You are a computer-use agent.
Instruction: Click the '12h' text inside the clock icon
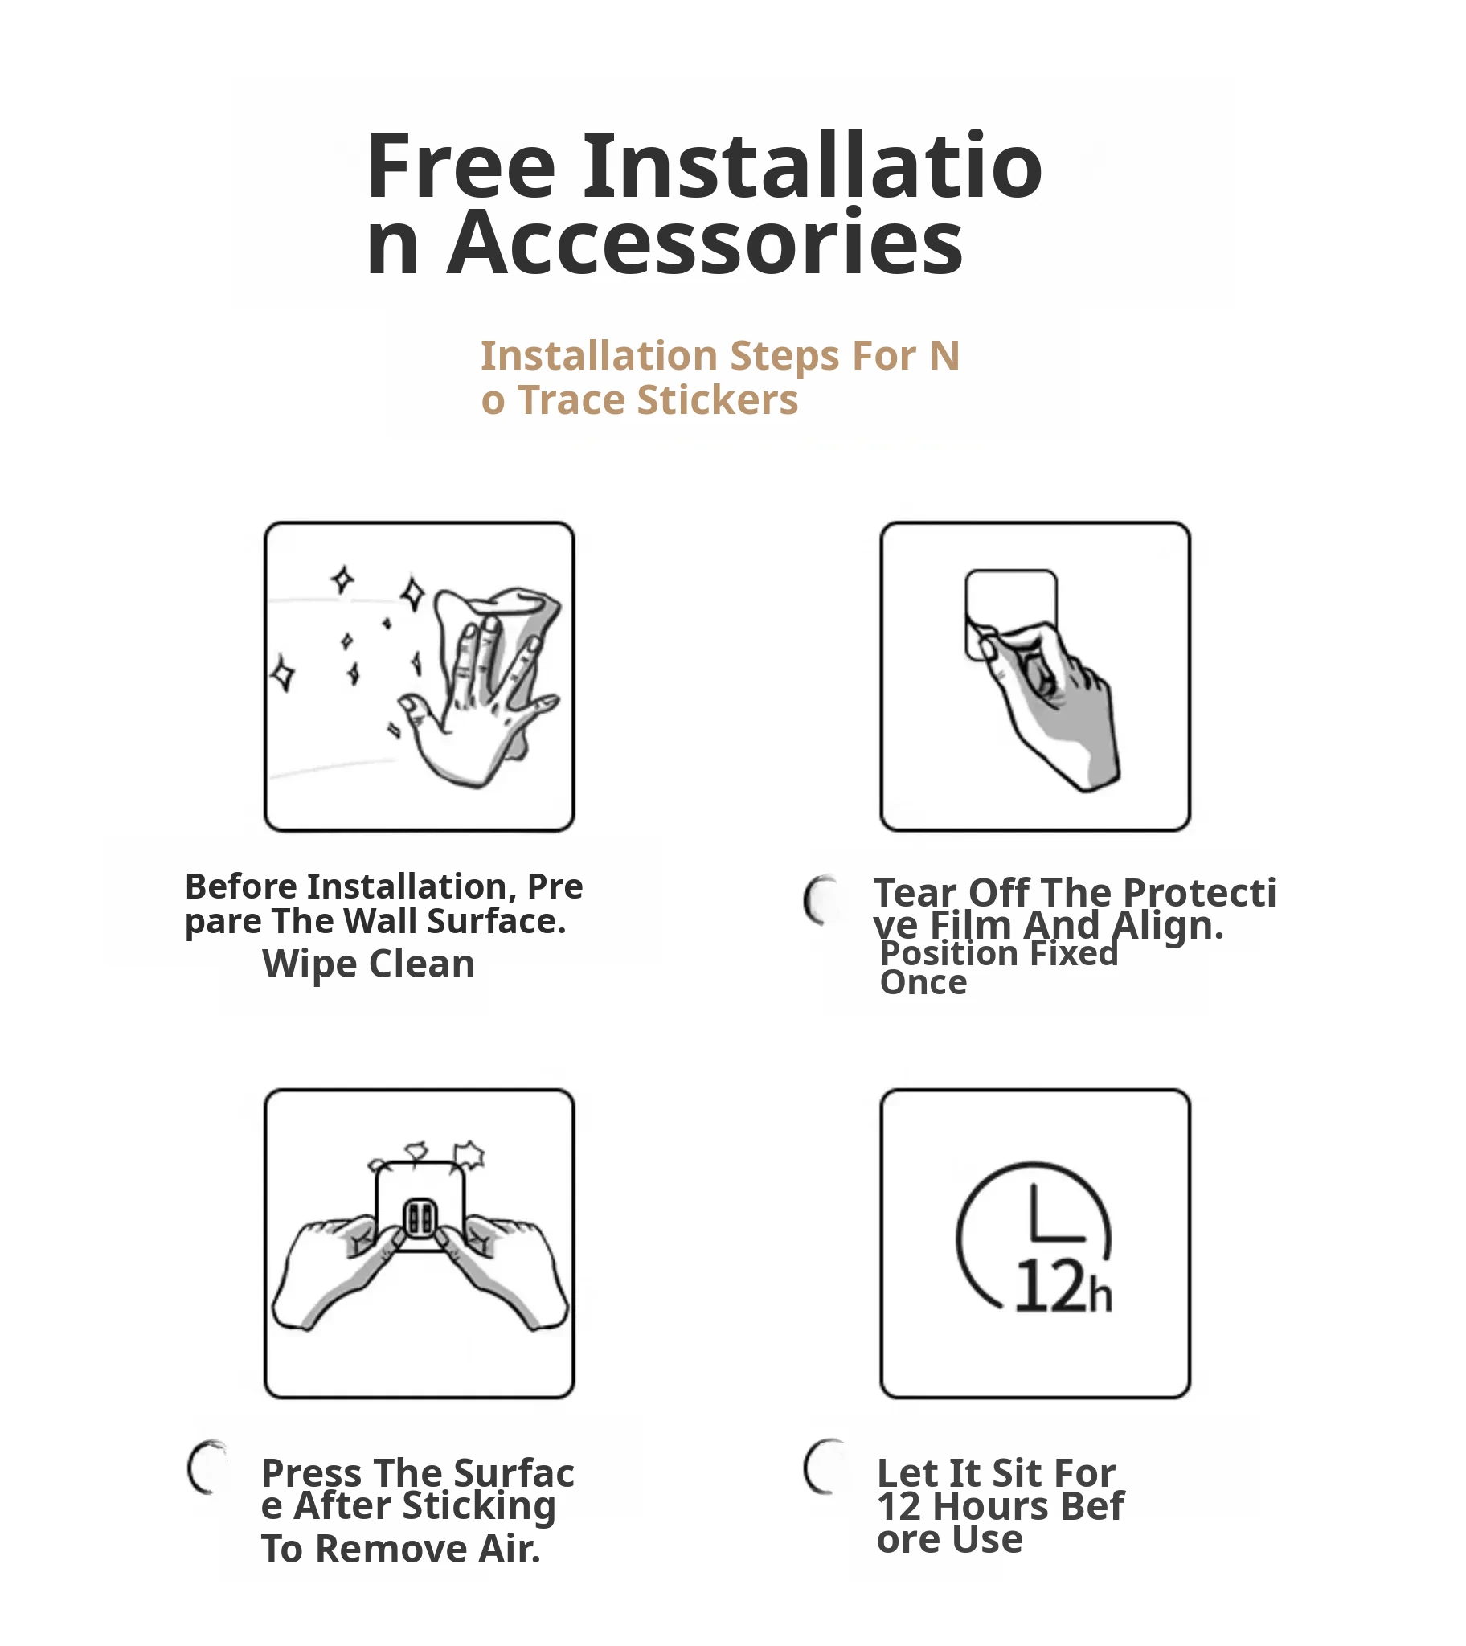(1063, 1287)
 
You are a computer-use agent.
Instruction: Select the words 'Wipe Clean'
(369, 964)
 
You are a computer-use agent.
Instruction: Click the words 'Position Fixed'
(1000, 954)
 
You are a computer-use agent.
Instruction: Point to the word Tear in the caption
(915, 893)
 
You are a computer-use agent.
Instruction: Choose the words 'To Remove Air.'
(401, 1550)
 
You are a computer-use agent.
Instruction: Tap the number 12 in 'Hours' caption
(899, 1507)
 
